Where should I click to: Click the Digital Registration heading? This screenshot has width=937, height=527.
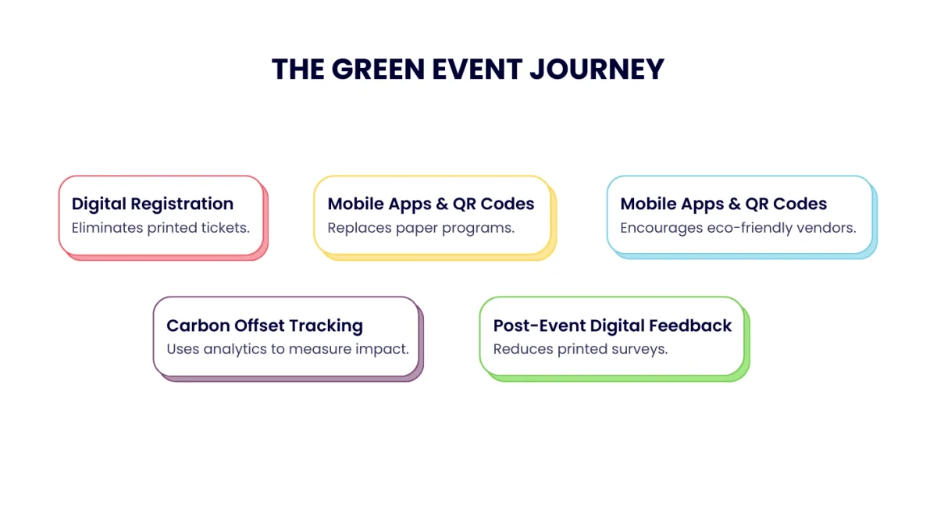[152, 204]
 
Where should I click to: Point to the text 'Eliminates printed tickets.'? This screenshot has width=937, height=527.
[160, 228]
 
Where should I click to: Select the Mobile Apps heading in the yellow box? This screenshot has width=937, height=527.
[431, 204]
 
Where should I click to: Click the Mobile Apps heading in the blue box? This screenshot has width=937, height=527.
[723, 204]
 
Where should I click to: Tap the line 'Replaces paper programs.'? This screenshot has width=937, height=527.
[421, 228]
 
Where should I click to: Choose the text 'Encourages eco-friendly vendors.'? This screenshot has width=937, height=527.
[738, 228]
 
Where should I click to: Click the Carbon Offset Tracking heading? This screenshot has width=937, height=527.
[265, 326]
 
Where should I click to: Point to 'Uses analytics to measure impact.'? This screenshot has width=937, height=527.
[287, 349]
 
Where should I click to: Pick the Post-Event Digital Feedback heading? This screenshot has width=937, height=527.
[612, 326]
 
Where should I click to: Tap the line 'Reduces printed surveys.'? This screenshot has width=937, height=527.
[580, 349]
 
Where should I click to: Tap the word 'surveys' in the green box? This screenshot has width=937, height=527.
[640, 349]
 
